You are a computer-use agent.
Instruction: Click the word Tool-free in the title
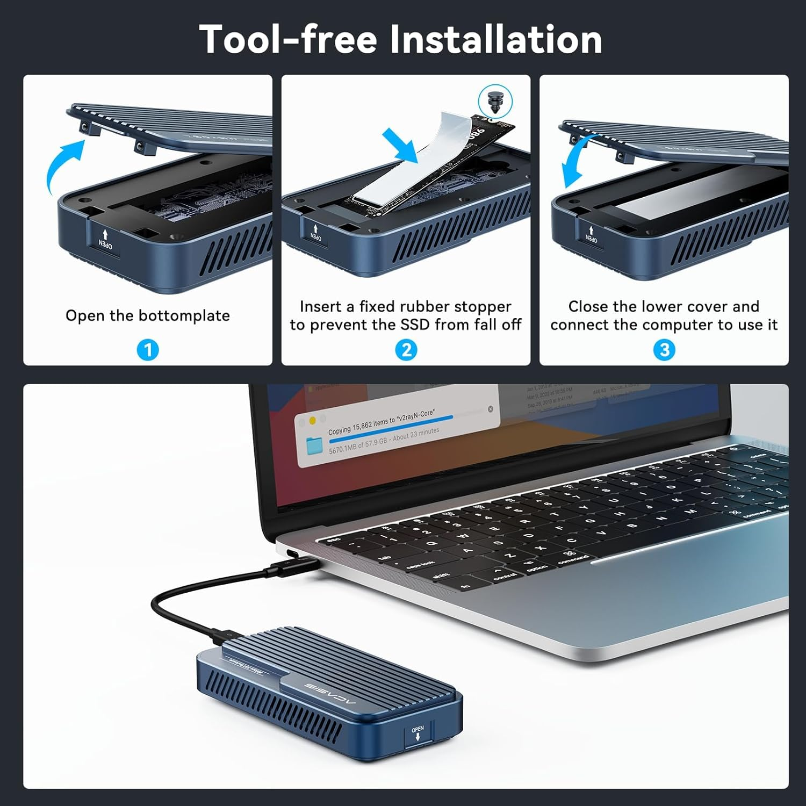coord(288,39)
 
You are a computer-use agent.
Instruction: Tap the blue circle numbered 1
coord(148,350)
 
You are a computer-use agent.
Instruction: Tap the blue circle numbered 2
coord(406,350)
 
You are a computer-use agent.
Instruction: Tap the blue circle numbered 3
coord(664,350)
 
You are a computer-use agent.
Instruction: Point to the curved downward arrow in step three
coord(576,161)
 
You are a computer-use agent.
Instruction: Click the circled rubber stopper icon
coord(495,101)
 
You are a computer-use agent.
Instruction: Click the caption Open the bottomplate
coord(148,315)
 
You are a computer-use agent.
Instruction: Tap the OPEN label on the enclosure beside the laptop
coord(418,733)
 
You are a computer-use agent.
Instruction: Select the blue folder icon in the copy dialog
coord(314,445)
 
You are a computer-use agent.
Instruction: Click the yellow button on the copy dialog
coord(312,421)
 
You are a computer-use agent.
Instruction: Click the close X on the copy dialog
coord(490,409)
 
